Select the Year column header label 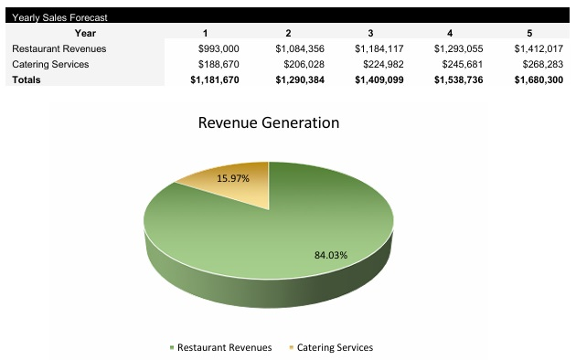point(85,33)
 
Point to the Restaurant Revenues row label point(59,48)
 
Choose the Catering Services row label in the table point(50,64)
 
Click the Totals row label point(27,79)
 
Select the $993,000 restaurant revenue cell point(219,48)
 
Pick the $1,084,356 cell point(301,48)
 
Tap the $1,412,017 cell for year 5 point(539,48)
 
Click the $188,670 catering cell point(219,64)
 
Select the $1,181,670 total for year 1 point(215,79)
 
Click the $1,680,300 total point(536,79)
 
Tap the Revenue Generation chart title point(269,122)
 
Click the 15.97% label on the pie point(233,178)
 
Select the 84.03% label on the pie point(331,255)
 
